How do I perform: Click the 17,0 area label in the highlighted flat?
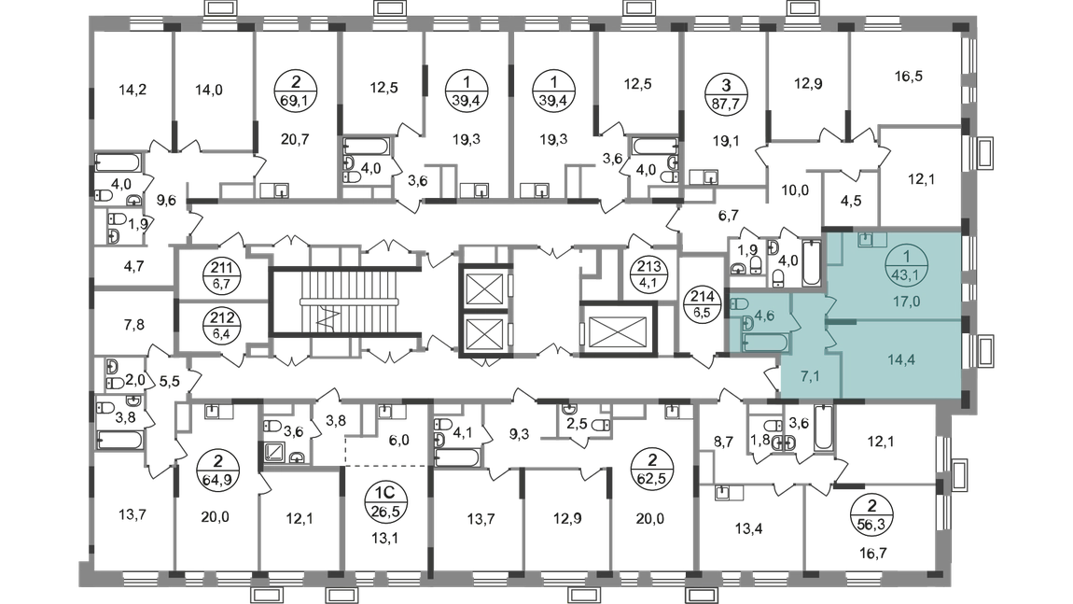(901, 302)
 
